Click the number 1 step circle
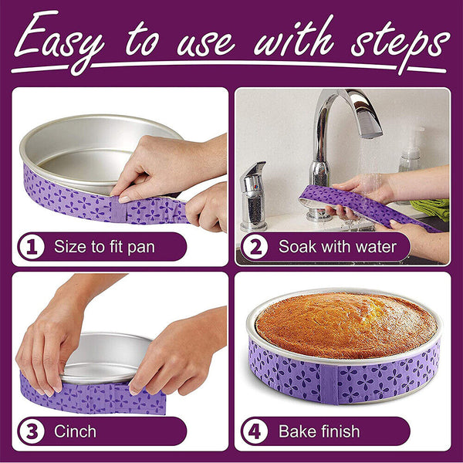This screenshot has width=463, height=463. point(30,247)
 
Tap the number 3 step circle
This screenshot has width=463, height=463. point(30,431)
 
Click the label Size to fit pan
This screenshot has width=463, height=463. point(108,247)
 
